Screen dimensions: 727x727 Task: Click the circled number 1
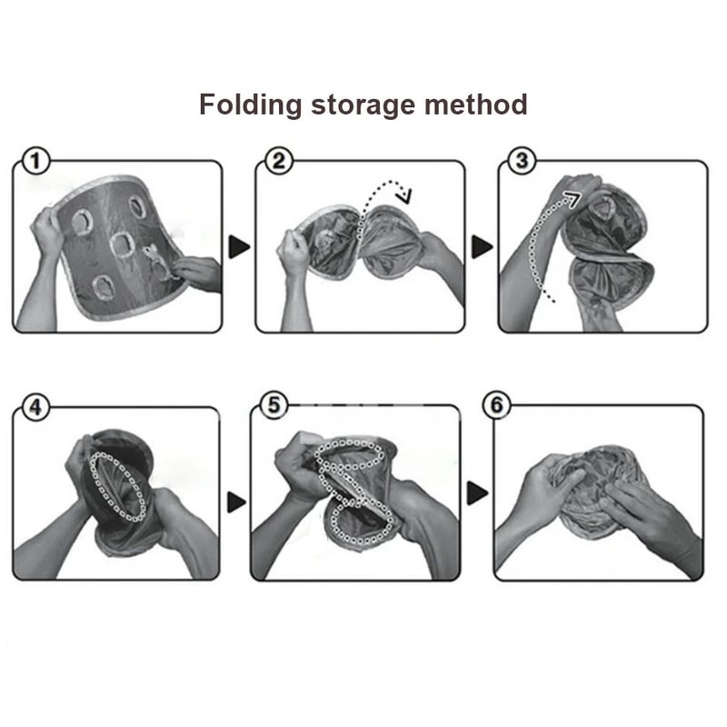tap(35, 163)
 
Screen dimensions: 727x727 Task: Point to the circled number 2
tap(277, 163)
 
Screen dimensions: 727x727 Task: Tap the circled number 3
tap(519, 162)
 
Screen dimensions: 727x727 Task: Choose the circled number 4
tap(35, 407)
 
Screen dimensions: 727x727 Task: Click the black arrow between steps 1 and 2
tap(238, 245)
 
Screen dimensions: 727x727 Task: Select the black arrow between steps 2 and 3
tap(481, 246)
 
